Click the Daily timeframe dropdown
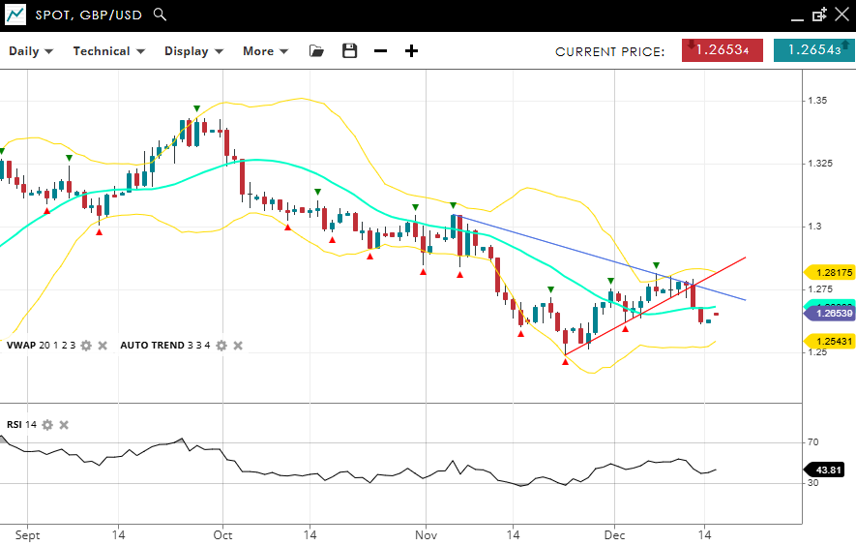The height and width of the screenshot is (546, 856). click(31, 51)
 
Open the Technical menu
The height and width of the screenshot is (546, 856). click(108, 51)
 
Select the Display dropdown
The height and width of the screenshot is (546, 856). click(193, 51)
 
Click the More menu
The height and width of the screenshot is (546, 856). click(266, 51)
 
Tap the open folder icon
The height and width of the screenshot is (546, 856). click(317, 51)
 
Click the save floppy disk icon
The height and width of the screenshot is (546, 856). click(350, 51)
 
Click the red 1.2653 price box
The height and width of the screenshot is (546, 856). click(722, 50)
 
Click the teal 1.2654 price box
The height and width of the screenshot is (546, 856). click(813, 50)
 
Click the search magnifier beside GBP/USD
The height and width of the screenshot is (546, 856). click(161, 15)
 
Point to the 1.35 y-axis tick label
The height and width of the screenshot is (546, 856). click(818, 101)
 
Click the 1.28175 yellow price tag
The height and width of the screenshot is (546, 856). click(831, 273)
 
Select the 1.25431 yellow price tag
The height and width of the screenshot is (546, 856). click(831, 342)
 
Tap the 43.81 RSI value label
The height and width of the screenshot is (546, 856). click(830, 470)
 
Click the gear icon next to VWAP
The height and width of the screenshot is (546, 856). click(86, 345)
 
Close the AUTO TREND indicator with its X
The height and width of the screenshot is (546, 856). click(238, 345)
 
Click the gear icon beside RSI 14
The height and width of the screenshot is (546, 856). click(47, 424)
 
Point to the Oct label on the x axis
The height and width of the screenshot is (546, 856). click(222, 534)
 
